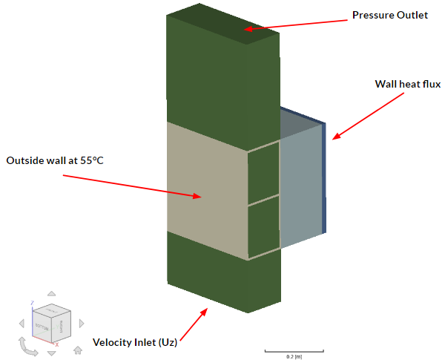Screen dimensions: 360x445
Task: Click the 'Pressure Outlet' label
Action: pos(389,15)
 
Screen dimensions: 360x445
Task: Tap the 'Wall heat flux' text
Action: pos(407,84)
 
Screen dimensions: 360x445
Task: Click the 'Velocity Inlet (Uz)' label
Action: pos(135,342)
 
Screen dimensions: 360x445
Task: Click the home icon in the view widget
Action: pos(77,349)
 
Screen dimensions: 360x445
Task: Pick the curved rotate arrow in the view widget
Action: pos(27,347)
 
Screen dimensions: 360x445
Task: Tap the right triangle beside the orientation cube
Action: pos(82,322)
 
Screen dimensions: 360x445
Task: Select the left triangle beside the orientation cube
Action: pos(22,322)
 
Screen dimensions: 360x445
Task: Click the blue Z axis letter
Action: pos(31,303)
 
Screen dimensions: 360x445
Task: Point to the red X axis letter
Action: pos(57,344)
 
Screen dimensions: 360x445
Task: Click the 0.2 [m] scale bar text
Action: pos(294,356)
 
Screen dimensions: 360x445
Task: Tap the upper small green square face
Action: pos(263,173)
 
